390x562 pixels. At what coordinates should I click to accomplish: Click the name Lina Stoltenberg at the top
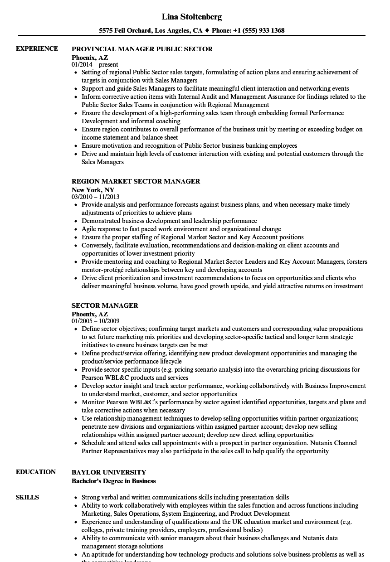pos(192,17)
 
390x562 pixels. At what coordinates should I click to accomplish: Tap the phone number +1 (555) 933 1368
pos(259,31)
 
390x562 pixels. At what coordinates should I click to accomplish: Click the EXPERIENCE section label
pos(37,49)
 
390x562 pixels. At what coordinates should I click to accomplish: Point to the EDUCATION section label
pos(36,472)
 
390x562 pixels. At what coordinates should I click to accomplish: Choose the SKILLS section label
pos(27,498)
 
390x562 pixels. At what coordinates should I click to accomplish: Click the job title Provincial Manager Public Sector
pos(142,49)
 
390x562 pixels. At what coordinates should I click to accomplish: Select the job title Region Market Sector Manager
pos(136,181)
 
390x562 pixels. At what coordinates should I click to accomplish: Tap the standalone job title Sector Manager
pos(105,305)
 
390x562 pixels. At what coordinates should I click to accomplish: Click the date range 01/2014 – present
pos(95,65)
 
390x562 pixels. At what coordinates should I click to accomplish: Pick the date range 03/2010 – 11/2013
pos(95,197)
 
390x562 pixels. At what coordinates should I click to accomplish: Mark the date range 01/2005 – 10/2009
pos(95,321)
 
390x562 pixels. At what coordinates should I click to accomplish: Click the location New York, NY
pos(93,189)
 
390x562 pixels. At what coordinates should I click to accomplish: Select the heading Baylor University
pos(109,472)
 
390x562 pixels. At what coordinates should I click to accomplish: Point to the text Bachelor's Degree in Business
pos(113,481)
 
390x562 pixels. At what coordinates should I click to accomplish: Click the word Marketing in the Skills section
pos(96,514)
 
